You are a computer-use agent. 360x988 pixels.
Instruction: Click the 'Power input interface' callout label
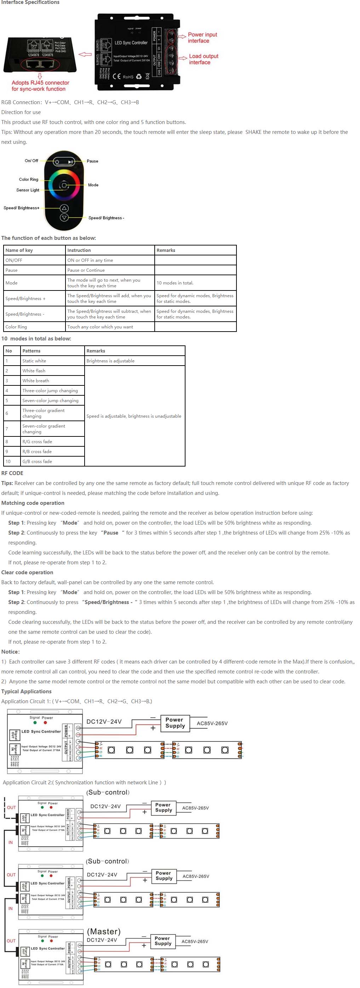(202, 38)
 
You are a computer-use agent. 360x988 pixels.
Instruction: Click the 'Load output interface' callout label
(203, 59)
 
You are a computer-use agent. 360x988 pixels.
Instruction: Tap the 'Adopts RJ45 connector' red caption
(40, 85)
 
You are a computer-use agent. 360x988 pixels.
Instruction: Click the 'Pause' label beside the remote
(92, 161)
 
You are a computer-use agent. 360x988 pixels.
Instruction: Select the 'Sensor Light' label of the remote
(28, 190)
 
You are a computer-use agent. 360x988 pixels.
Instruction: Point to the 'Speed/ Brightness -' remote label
(106, 218)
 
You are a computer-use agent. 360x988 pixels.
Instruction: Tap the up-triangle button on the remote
(64, 208)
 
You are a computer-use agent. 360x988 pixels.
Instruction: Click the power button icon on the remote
(57, 162)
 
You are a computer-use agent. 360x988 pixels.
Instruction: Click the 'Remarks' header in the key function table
(166, 250)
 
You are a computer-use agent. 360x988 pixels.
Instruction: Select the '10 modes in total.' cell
(175, 283)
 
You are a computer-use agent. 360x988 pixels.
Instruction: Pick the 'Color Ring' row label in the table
(16, 327)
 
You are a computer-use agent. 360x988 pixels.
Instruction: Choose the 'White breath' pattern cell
(36, 380)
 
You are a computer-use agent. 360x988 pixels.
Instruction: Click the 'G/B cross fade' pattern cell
(37, 461)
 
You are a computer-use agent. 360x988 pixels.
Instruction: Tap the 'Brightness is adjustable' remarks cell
(110, 361)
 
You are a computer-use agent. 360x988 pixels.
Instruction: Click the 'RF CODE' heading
(12, 473)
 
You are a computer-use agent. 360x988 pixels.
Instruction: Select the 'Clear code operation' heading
(27, 572)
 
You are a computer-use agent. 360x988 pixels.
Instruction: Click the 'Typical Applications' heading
(27, 691)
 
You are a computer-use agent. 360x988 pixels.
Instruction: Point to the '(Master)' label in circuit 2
(103, 931)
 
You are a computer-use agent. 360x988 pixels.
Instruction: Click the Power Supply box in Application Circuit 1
(175, 723)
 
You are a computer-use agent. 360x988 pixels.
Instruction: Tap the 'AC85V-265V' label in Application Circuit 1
(212, 723)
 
